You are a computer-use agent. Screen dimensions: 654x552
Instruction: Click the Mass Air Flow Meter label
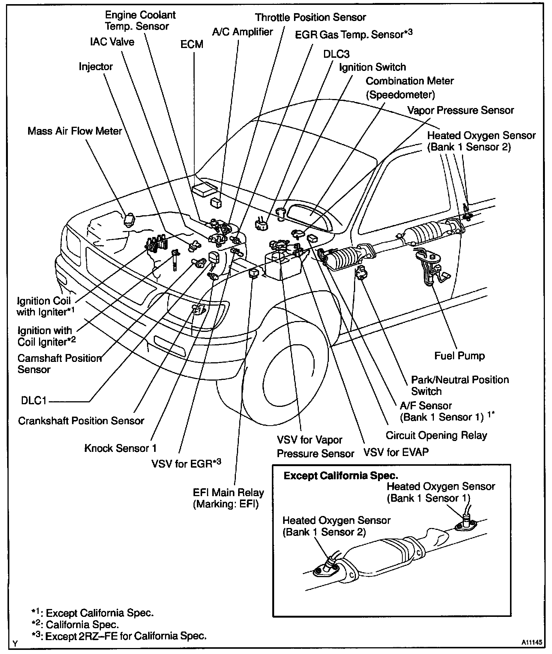tap(75, 131)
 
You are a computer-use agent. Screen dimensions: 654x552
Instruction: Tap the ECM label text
tap(192, 44)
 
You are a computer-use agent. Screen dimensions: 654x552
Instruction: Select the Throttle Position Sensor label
tap(310, 17)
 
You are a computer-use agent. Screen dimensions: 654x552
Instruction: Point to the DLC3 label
tap(336, 54)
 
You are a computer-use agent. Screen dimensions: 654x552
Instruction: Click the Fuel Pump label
tap(459, 355)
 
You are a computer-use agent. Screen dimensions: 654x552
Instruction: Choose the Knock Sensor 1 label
tap(120, 448)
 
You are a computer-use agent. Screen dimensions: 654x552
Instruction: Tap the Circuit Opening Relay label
tap(436, 435)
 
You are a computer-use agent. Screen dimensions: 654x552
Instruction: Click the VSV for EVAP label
tap(396, 452)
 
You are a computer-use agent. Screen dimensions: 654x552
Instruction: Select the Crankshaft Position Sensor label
tap(81, 421)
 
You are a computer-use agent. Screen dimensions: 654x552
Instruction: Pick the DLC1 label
tap(33, 401)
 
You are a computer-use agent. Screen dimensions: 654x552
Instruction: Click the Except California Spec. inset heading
tap(340, 476)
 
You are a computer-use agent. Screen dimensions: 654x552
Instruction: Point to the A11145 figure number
tap(531, 642)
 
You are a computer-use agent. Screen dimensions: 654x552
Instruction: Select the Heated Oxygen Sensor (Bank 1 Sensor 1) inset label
tap(441, 492)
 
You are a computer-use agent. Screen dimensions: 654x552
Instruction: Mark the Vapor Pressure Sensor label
tap(460, 110)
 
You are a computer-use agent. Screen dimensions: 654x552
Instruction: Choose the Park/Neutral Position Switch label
tap(460, 385)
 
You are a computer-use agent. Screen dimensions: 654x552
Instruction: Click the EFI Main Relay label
tap(228, 498)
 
